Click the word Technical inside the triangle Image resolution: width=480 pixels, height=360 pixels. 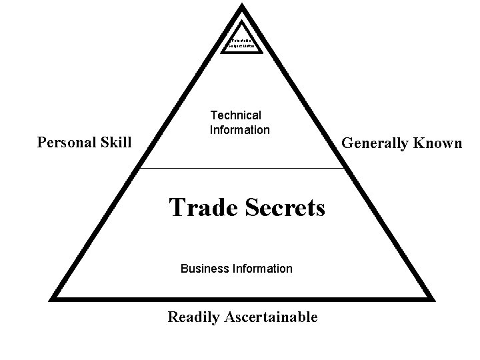tap(236, 115)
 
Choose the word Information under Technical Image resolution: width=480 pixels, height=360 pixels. tap(240, 130)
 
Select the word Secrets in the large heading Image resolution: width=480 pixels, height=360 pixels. tap(287, 207)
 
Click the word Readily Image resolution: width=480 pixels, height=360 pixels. tap(193, 317)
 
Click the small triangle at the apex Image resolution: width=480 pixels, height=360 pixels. tap(242, 41)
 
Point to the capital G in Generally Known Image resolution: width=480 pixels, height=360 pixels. tap(347, 143)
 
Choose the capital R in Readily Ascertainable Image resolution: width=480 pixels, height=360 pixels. tap(173, 317)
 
